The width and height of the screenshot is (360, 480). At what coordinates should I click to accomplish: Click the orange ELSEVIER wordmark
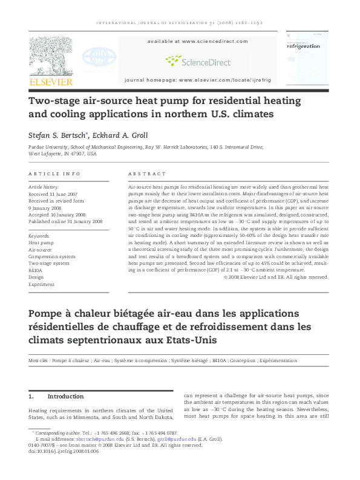(x=51, y=81)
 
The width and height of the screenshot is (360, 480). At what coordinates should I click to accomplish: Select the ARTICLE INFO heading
(x=54, y=174)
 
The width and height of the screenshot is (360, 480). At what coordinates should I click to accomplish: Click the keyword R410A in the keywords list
(x=35, y=271)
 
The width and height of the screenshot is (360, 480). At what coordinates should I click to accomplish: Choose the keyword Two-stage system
(x=48, y=264)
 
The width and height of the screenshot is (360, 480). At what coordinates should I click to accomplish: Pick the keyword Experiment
(x=41, y=284)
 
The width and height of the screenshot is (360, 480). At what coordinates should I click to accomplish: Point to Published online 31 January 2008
(x=65, y=222)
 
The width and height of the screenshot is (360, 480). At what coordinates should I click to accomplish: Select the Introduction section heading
(x=65, y=397)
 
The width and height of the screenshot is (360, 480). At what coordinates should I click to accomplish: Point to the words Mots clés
(x=39, y=360)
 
